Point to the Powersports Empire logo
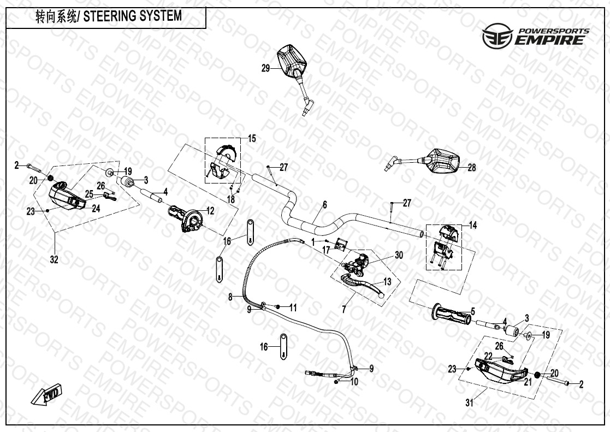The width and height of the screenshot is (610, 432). click(536, 37)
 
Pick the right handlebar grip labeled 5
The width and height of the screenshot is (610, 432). click(451, 313)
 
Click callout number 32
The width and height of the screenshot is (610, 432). click(54, 260)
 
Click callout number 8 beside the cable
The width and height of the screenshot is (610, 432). click(230, 297)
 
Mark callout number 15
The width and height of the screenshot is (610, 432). click(251, 139)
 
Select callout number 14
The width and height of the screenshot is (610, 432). click(472, 225)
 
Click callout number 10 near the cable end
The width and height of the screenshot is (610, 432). click(354, 382)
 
